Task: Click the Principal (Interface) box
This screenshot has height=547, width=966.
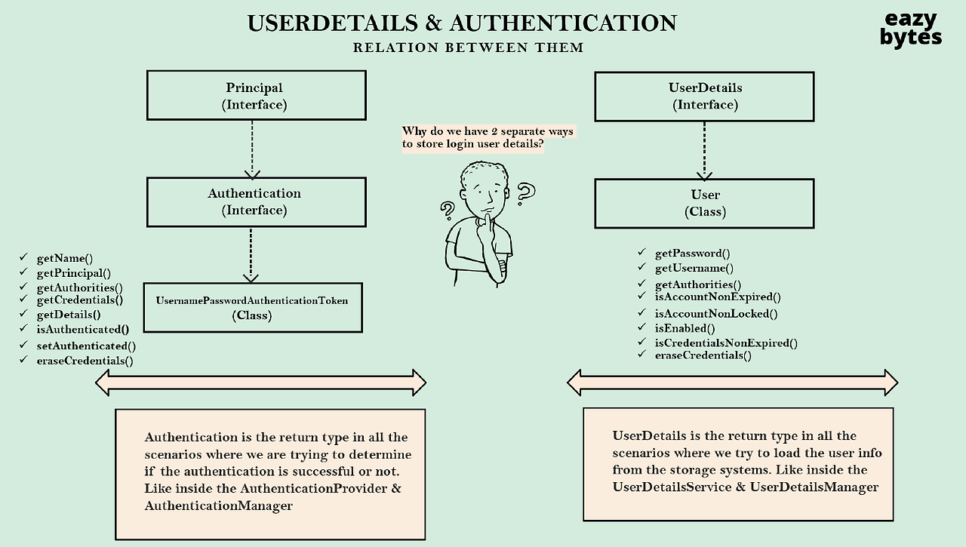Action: [254, 96]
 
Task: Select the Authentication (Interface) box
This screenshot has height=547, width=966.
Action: [256, 201]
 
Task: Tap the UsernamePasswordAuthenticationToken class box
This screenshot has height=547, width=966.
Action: [252, 307]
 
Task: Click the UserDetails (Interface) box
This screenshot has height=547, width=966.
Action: [704, 96]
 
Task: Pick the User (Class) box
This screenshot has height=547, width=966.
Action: [704, 203]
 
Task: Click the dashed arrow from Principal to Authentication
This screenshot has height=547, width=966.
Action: [252, 149]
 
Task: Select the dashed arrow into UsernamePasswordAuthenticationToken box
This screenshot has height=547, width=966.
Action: [251, 255]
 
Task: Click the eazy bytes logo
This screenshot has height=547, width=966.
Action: [911, 29]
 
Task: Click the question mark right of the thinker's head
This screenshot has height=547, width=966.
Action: [525, 194]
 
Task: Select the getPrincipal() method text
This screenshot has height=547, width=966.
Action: [73, 273]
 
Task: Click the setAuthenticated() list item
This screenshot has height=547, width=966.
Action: [86, 346]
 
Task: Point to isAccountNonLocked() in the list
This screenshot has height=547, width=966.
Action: [715, 313]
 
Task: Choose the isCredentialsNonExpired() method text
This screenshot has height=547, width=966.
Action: [726, 343]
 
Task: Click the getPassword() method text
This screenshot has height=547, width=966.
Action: [692, 254]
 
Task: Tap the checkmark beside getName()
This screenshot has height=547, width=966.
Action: [23, 258]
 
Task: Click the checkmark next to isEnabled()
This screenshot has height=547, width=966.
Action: [641, 327]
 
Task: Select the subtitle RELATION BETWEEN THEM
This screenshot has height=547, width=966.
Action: [468, 48]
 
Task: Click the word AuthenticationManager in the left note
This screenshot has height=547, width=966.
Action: [218, 506]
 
